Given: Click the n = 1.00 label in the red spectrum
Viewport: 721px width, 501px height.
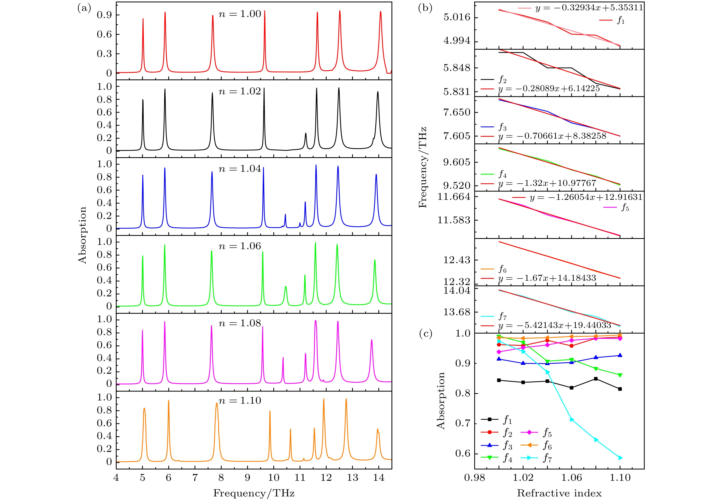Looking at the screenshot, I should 240,14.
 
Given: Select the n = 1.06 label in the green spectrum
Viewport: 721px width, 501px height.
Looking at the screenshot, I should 240,246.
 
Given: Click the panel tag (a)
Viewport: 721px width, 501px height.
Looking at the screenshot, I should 84,8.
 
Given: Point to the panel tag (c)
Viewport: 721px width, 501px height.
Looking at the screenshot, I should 425,334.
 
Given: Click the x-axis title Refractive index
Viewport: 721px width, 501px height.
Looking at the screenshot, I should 559,493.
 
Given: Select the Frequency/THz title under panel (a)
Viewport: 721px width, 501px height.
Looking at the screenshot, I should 254,493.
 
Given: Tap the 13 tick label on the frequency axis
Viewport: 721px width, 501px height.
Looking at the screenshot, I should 352,478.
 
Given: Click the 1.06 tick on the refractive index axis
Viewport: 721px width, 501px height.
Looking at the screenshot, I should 572,478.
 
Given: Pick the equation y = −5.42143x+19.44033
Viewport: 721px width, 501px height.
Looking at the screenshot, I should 555,325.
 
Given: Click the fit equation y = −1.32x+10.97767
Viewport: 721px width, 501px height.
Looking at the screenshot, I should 547,183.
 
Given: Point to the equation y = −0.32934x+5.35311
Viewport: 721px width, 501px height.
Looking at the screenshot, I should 589,8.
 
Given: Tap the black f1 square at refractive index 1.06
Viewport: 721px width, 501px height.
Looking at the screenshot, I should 572,388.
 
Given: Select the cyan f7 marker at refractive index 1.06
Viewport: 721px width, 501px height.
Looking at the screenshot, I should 572,419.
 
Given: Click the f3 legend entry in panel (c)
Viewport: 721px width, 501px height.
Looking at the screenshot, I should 497,445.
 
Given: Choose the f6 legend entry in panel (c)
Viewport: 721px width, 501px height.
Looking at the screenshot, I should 536,445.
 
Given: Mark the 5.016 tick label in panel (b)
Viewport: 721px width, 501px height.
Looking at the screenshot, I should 457,17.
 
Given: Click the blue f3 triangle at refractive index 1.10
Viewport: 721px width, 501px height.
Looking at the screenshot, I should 620,355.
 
